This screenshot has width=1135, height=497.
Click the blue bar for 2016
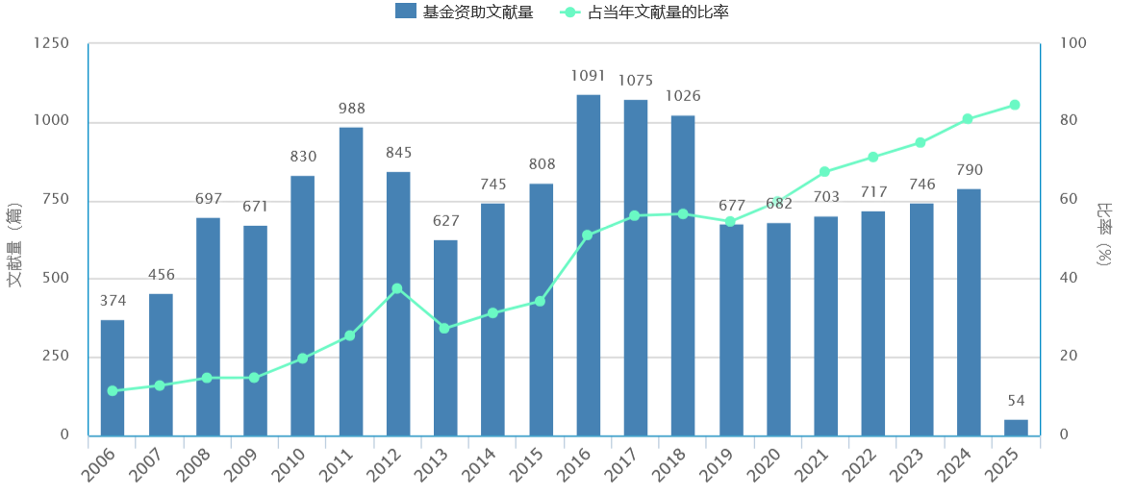pos(589,264)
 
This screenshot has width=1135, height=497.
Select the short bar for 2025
pos(1016,428)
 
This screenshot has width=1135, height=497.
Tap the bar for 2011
pos(351,281)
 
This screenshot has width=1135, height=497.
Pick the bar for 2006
pos(113,377)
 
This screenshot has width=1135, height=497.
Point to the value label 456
pos(162,275)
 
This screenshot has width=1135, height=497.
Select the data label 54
pos(1017,401)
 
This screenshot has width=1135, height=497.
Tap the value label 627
pos(445,221)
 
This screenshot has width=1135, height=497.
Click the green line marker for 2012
pos(397,288)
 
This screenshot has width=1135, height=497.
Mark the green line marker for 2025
pos(1015,105)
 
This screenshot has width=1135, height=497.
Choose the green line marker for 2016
pos(587,235)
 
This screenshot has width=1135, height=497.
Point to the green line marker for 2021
pos(824,172)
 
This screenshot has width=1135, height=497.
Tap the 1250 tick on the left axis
pos(51,44)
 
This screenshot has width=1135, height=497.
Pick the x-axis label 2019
pos(716,468)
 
